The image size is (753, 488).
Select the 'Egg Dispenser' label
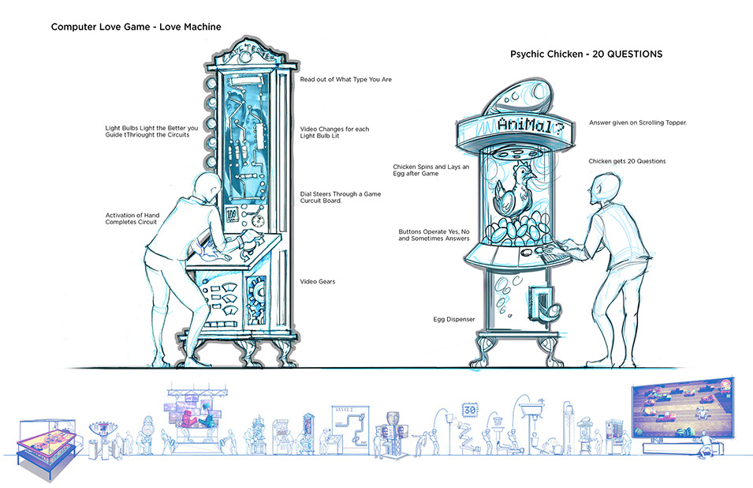(454, 320)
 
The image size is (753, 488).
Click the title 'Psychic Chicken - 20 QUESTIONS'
(586, 54)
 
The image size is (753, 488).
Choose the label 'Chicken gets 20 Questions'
(627, 161)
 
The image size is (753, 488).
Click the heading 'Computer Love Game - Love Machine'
(136, 27)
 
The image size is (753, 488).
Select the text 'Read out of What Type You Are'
(346, 80)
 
